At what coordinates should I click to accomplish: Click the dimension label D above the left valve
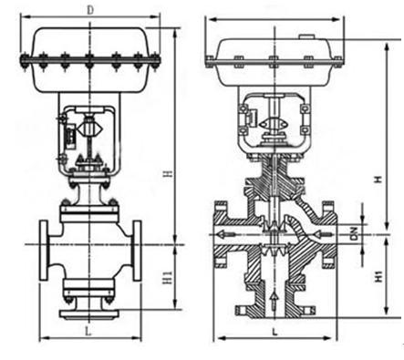(90, 10)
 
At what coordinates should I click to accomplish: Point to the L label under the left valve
(88, 332)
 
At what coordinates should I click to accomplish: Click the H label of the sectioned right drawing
(378, 180)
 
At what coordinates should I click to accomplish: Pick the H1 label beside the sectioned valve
(378, 276)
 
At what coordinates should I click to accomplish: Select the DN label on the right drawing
(354, 234)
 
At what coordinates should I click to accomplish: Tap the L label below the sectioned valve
(275, 332)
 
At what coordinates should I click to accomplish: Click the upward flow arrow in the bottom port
(275, 301)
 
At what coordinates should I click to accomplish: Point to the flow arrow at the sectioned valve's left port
(226, 234)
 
